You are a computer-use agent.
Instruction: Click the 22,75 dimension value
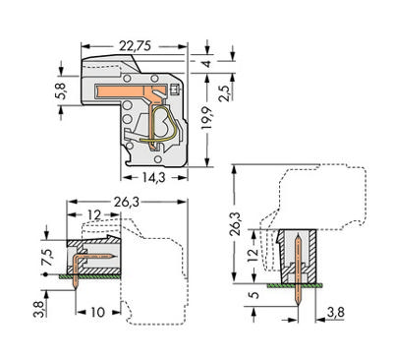point(135,46)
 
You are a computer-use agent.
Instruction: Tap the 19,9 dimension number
point(207,118)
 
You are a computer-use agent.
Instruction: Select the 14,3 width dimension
point(153,177)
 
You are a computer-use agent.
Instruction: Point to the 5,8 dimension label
point(61,90)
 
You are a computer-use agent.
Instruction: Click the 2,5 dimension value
point(225,92)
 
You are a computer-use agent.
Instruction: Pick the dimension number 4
point(206,63)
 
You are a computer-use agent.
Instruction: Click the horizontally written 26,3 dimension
point(127,203)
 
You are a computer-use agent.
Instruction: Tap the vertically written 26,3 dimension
point(235,223)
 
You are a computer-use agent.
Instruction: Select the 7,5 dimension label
point(46,257)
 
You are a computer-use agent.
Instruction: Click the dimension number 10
point(97,313)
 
